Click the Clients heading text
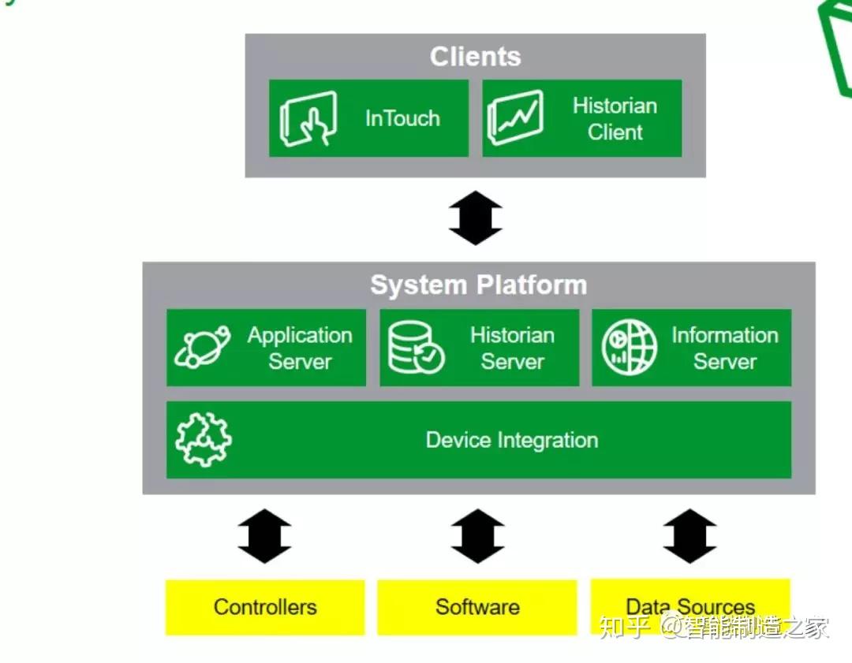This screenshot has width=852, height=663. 475,57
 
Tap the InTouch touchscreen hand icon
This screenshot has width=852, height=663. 308,118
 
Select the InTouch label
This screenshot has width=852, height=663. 402,118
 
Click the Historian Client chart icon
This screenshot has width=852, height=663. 515,118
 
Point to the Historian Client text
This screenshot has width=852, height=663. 615,119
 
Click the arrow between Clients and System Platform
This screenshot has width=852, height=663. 476,218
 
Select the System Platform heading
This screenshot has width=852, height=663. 478,285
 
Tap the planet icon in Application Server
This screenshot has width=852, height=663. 202,348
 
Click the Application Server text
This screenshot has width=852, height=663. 300,348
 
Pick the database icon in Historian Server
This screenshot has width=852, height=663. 415,348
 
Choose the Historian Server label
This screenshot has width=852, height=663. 512,348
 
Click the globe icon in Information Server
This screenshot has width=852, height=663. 629,348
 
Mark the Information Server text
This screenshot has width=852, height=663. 724,348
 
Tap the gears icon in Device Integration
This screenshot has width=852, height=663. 203,440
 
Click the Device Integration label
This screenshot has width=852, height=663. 512,440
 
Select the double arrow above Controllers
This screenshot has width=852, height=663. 264,536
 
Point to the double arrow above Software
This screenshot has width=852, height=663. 477,536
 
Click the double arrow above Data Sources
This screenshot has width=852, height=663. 689,536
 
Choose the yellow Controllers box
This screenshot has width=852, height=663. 265,607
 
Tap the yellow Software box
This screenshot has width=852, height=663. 477,607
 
